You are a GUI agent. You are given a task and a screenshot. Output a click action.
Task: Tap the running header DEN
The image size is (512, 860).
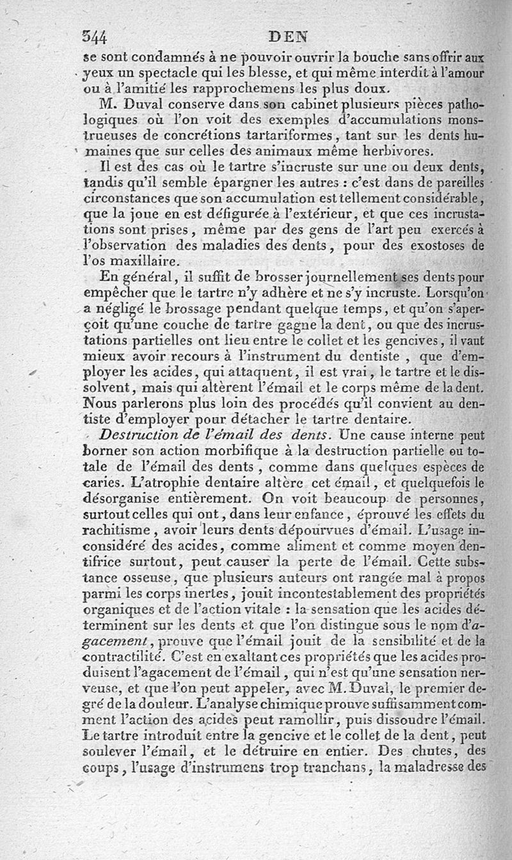pos(289,36)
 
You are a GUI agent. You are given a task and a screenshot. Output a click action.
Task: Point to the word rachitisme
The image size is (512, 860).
pos(115,530)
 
